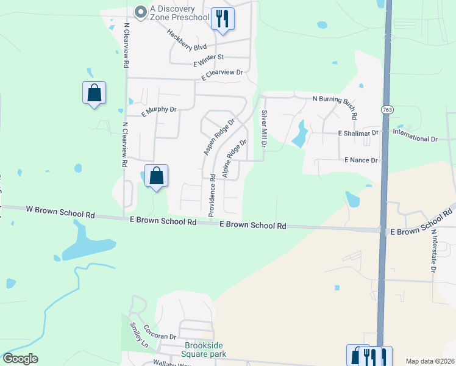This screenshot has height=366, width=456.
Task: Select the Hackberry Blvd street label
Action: pos(187,40)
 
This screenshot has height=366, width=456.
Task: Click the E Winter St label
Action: pos(209,58)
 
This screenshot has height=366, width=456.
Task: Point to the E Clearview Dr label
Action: pos(222,73)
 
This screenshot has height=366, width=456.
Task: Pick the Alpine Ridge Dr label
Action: pos(234,158)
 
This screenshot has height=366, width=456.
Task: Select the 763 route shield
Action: pos(387,110)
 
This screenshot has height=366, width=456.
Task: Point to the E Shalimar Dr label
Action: pos(358,133)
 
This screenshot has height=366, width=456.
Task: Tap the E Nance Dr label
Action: pos(361,160)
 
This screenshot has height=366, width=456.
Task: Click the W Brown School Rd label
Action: pos(61,211)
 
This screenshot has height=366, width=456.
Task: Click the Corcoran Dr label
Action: pos(160,335)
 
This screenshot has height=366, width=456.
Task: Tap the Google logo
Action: pos(21,359)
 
